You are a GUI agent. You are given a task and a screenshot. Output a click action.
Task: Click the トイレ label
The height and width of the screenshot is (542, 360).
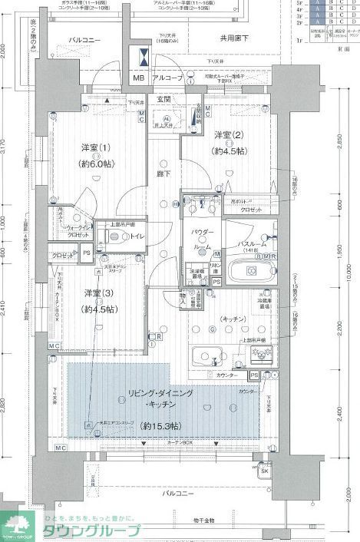[138, 237]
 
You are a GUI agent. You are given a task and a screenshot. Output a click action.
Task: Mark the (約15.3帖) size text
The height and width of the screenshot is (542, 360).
[160, 425]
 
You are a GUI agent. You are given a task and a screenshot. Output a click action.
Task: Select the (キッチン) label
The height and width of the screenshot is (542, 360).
[212, 316]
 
